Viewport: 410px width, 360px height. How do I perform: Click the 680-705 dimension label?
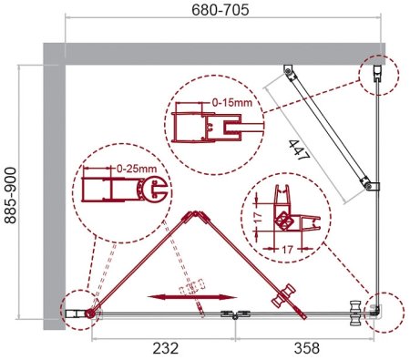(220, 10)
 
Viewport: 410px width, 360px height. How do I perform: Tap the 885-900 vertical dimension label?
(10, 195)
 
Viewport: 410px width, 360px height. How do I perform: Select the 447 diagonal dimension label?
(299, 149)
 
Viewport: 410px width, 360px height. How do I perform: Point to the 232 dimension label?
(166, 348)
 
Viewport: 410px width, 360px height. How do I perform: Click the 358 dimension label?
(307, 348)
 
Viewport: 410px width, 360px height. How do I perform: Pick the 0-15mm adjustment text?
(232, 102)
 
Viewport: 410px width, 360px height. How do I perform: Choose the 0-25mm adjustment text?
(137, 169)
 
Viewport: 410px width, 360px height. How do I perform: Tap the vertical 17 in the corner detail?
(258, 217)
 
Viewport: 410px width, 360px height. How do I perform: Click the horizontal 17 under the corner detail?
(287, 250)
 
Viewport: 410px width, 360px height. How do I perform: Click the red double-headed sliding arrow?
(192, 297)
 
